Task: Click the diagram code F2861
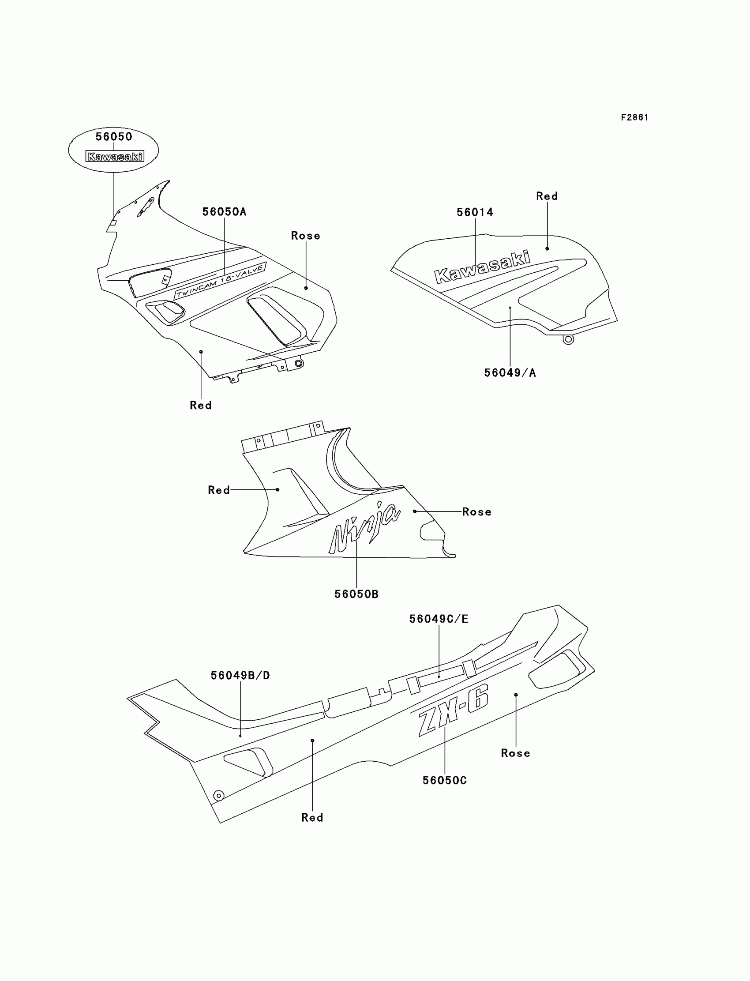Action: pos(634,117)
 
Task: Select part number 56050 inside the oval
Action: pos(114,137)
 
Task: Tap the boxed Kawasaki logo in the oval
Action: pos(115,156)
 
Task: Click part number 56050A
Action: pos(224,212)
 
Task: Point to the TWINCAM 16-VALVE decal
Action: pos(220,281)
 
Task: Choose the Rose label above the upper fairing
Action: pos(305,236)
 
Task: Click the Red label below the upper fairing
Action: pos(200,406)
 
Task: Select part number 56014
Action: pos(475,213)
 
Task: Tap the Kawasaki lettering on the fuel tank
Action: pos(482,267)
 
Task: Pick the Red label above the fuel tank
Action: pos(547,196)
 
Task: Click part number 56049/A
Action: pos(510,373)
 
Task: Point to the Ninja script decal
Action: pos(364,527)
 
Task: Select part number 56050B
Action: pos(356,594)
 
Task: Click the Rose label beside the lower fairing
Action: pos(477,512)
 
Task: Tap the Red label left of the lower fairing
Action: pos(219,490)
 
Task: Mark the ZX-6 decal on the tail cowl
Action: pos(453,711)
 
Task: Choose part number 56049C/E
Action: pos(439,619)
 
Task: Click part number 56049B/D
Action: pos(240,676)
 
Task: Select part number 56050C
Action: pos(445,781)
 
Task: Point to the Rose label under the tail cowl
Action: pos(516,753)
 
